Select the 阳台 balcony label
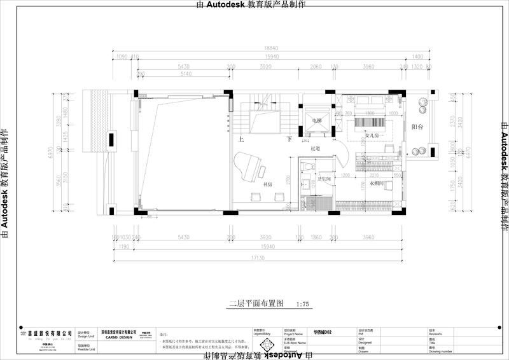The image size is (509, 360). [417, 127]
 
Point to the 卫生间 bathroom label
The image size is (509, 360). [324, 179]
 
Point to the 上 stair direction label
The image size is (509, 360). [241, 139]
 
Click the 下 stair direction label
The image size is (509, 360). [289, 139]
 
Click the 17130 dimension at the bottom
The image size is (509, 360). [257, 258]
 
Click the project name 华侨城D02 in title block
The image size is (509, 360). [323, 332]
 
